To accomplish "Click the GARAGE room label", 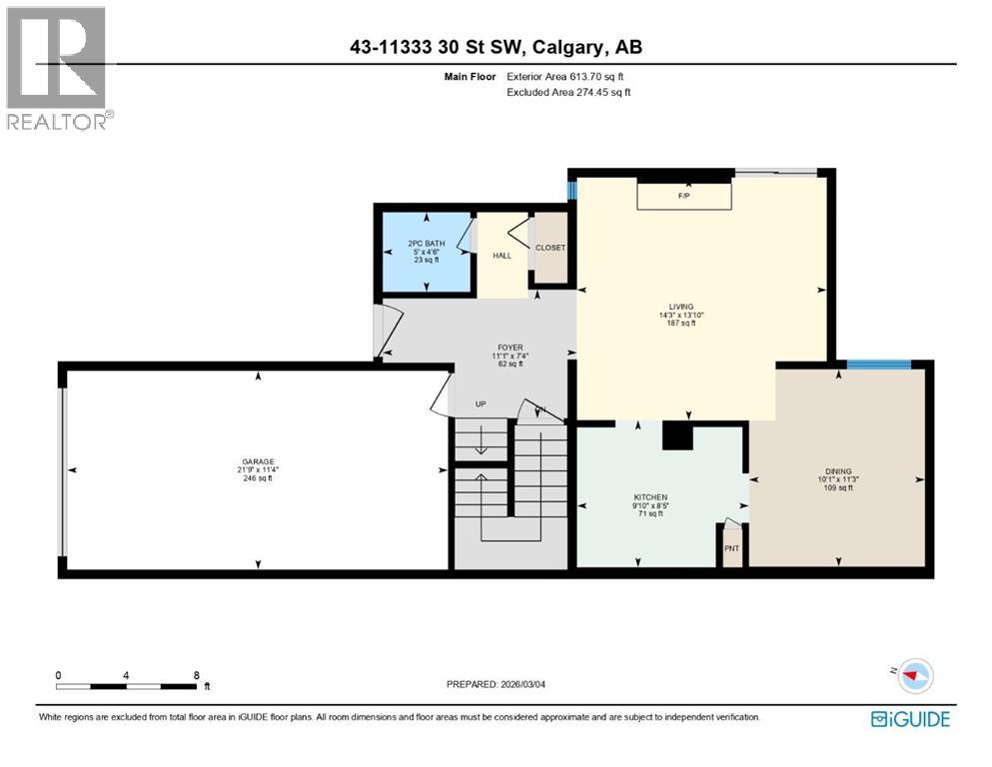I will [257, 462].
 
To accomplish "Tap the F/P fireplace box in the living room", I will [684, 197].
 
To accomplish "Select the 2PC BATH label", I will [426, 244].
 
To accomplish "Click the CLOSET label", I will [549, 248].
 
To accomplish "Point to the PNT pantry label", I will [731, 547].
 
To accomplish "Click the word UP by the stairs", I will [480, 404].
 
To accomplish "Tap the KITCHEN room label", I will [649, 497].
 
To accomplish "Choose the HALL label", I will [501, 256].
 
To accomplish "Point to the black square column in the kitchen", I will [676, 435].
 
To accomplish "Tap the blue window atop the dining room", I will [878, 365].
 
